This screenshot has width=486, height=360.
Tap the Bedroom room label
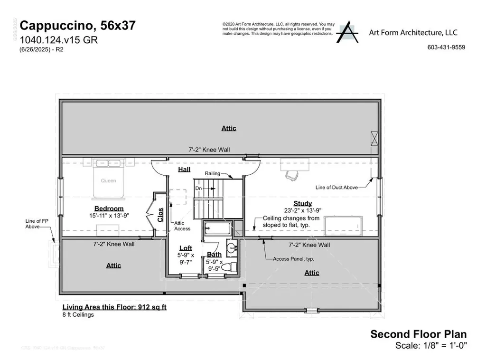pos(109,208)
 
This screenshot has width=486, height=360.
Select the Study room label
pos(302,203)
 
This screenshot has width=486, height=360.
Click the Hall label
pos(184,170)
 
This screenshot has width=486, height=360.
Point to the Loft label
pos(186,248)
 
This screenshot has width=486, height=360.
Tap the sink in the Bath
pos(231,247)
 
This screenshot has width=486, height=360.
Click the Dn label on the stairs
pos(198,189)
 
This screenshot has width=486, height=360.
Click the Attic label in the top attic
pos(228,128)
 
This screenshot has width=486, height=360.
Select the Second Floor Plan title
pos(418,334)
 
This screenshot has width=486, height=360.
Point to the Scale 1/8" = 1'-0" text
pos(431,346)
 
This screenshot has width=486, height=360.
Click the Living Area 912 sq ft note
pos(114,307)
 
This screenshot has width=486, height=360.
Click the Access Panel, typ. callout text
pos(293,259)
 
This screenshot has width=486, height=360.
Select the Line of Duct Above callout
pos(336,188)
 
